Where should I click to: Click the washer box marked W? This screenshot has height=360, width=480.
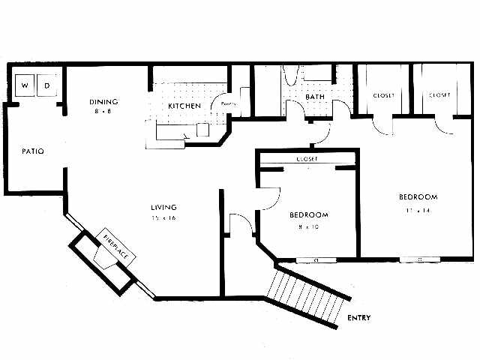coord(25,85)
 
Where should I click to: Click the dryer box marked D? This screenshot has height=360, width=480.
coord(46,85)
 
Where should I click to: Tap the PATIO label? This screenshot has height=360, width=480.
coord(32,151)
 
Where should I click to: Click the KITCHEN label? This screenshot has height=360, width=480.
coord(184,106)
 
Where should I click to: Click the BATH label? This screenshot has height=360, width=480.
coord(314,97)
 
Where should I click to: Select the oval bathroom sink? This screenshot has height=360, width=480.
coord(293,76)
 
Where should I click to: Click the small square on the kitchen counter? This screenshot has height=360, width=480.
coord(202,129)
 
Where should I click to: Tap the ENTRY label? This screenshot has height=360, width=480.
coord(358,318)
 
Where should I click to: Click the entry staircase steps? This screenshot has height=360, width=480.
coord(308,295)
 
